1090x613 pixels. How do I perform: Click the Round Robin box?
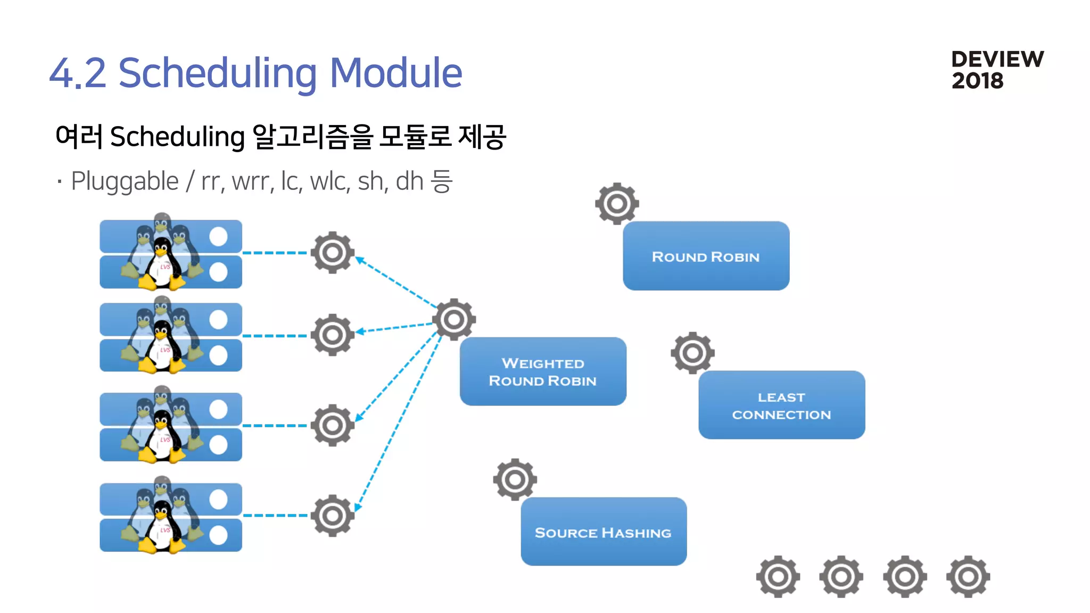click(706, 256)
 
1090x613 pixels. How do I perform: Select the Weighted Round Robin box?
click(543, 371)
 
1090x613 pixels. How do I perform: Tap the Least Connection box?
click(781, 405)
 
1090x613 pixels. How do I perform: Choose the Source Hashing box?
click(604, 532)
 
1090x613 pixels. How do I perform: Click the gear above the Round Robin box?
click(617, 203)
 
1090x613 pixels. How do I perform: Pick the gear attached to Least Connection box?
click(692, 352)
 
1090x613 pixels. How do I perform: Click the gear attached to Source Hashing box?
click(515, 479)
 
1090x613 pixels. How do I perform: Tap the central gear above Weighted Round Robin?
click(454, 319)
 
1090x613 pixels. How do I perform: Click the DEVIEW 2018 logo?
click(997, 70)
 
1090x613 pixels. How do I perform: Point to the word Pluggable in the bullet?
click(125, 181)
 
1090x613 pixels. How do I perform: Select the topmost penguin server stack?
click(170, 254)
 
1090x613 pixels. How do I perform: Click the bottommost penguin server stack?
click(170, 517)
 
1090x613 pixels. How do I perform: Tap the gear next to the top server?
click(333, 252)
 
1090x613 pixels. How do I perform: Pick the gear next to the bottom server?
click(333, 515)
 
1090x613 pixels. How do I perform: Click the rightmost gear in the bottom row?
click(968, 576)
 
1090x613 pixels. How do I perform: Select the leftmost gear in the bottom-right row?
click(778, 576)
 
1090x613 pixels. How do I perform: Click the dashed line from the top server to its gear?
click(275, 253)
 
